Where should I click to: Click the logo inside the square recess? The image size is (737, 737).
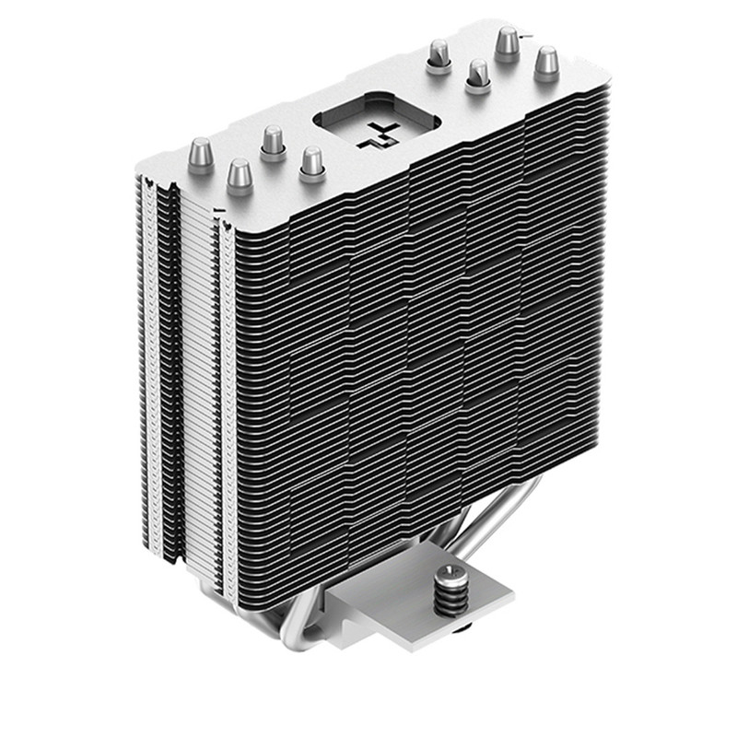pyautogui.click(x=372, y=131)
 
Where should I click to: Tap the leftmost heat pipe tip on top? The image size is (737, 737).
pyautogui.click(x=201, y=152)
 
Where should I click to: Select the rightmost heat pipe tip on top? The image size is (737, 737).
pyautogui.click(x=546, y=64)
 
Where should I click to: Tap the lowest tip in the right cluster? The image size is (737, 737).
pyautogui.click(x=476, y=76)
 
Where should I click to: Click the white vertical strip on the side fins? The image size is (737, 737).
pyautogui.click(x=193, y=368)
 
